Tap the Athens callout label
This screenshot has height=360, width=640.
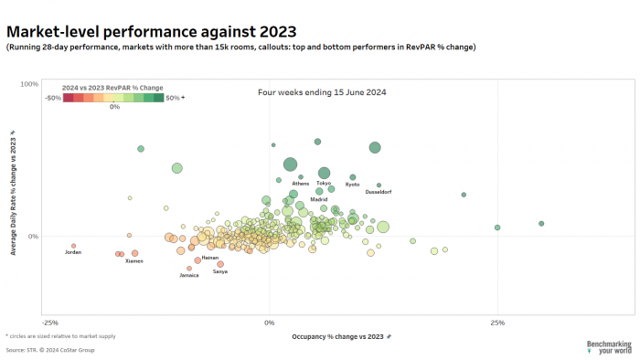coord(301,184)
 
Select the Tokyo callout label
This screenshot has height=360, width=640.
coord(324,184)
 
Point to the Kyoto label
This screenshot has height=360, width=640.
coord(353,185)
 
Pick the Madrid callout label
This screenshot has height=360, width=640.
coord(319,199)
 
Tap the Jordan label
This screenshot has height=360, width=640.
coord(73,252)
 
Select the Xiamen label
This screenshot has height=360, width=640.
coord(133,261)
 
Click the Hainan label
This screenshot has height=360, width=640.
coord(209,259)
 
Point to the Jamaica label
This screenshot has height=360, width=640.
coord(189,275)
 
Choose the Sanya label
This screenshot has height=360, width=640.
coord(220,271)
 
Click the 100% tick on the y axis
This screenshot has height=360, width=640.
coord(28,84)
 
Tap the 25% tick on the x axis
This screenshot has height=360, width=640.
coord(497,323)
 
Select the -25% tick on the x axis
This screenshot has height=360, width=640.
coord(50,323)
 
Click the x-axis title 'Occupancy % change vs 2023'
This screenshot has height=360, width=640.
coord(336,337)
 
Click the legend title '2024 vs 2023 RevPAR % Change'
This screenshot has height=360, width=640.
coord(117,88)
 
